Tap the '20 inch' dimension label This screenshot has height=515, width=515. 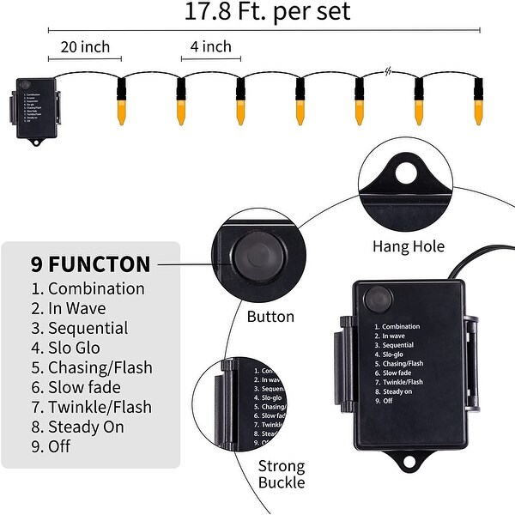point(84,45)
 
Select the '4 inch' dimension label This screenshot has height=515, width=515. point(211,45)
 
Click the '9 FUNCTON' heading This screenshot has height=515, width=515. point(90,264)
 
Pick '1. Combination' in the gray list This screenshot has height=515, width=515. point(88,289)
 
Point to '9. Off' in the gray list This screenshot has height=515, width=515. point(51,446)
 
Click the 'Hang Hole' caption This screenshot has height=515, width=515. point(409,247)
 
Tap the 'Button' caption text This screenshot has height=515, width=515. point(270,317)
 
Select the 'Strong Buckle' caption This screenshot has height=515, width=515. point(282,475)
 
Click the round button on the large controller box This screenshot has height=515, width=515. point(376,302)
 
